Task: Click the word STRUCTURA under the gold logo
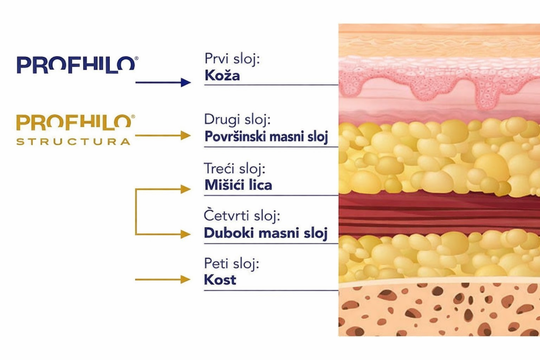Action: tap(73, 141)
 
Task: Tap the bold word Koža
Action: tap(221, 75)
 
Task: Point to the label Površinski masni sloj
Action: tap(266, 137)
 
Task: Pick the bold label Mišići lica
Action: tap(238, 185)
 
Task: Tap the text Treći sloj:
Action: tap(234, 169)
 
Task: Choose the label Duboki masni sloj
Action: tap(266, 233)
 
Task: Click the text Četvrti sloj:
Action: tap(241, 216)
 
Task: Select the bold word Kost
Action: tap(220, 280)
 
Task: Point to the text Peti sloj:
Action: tap(232, 263)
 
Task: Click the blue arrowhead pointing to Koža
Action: tap(185, 82)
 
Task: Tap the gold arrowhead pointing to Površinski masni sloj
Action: tap(185, 135)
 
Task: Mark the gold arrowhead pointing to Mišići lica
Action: tap(185, 189)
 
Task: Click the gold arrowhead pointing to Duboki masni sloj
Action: tap(185, 234)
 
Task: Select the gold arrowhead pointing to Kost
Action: tap(185, 279)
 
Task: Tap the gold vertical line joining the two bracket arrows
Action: tap(136, 211)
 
